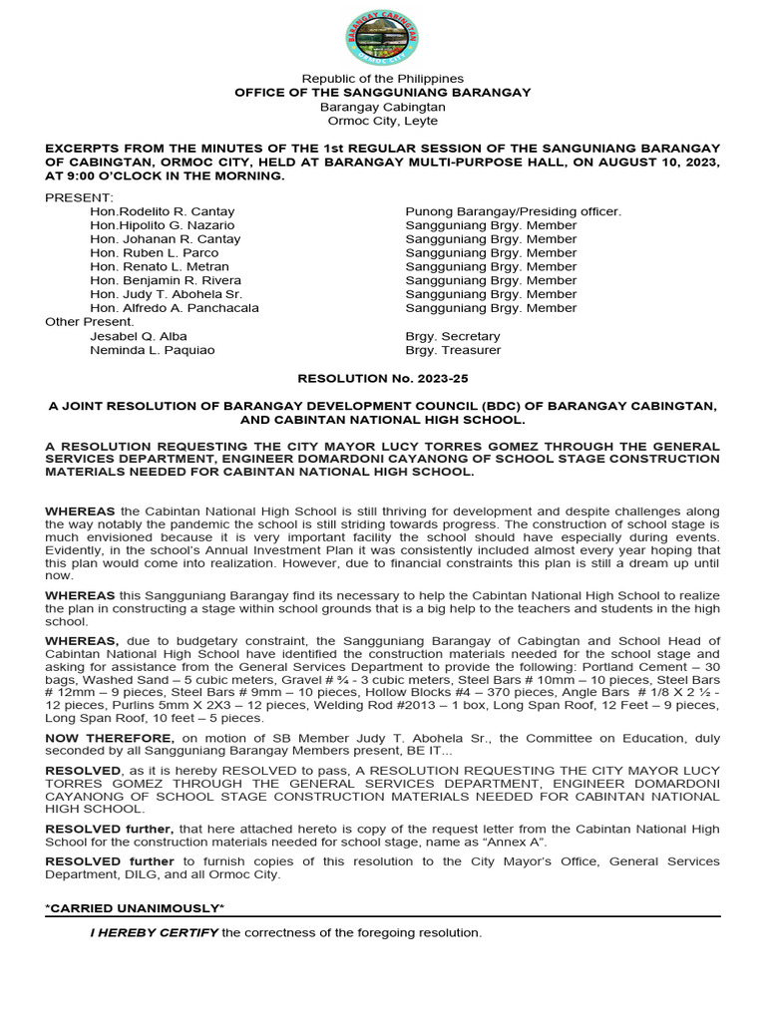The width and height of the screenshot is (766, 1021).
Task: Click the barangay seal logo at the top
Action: [x=382, y=38]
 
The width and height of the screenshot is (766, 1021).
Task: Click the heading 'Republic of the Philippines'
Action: [x=383, y=79]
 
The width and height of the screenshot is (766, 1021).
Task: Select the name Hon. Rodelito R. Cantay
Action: [x=163, y=212]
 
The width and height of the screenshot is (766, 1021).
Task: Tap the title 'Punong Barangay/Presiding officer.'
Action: [x=513, y=212]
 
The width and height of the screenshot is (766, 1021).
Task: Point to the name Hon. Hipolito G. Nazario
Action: [x=163, y=226]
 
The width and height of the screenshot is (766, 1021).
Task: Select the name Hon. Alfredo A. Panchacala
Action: [x=175, y=308]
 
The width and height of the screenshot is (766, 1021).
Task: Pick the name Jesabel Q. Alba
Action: [x=139, y=337]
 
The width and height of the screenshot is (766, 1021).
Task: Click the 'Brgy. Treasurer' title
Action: [x=453, y=351]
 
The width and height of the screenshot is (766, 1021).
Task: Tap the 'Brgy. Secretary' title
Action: [x=453, y=337]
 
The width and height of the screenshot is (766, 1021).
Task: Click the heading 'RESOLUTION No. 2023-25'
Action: [x=383, y=379]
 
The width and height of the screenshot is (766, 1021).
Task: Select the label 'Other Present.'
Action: [x=89, y=322]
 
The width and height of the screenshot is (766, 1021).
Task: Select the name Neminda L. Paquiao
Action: [x=152, y=351]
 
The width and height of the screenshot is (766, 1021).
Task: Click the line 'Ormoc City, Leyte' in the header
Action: [x=383, y=121]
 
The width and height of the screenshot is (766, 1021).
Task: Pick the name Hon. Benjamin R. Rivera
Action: [x=166, y=281]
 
